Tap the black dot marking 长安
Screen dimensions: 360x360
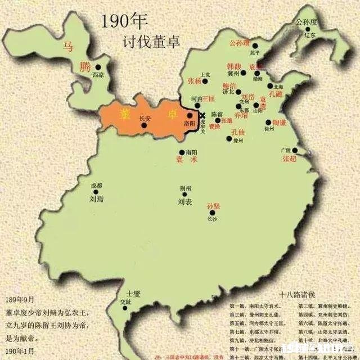click(x=144, y=125)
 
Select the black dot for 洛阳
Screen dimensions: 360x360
click(x=189, y=115)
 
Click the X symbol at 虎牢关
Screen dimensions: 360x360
click(x=202, y=115)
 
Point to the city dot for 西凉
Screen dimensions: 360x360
click(x=98, y=66)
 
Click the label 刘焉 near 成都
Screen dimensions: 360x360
click(x=96, y=198)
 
